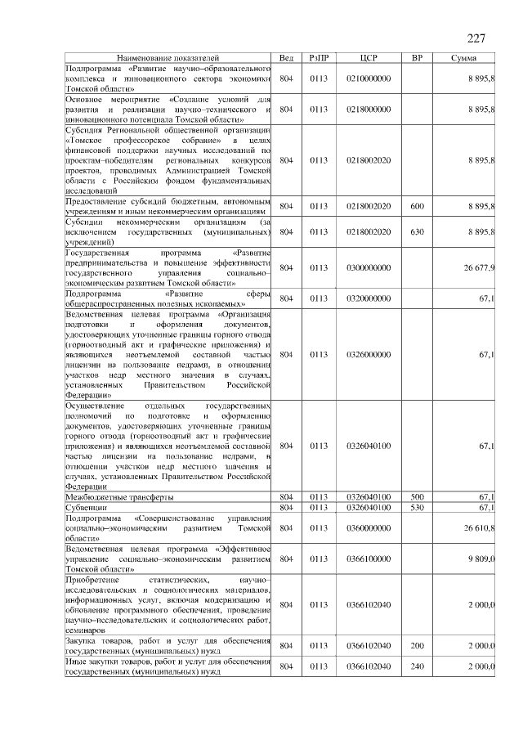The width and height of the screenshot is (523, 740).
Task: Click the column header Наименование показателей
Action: (x=168, y=59)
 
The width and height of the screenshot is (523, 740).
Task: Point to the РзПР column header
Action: (x=319, y=59)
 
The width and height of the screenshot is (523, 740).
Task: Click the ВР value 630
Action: (x=417, y=232)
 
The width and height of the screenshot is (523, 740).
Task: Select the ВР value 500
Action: (x=417, y=497)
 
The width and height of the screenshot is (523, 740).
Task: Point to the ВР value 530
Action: (x=417, y=508)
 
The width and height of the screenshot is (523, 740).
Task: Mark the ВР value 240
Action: (x=417, y=666)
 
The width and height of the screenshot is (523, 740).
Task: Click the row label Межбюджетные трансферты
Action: (x=118, y=497)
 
